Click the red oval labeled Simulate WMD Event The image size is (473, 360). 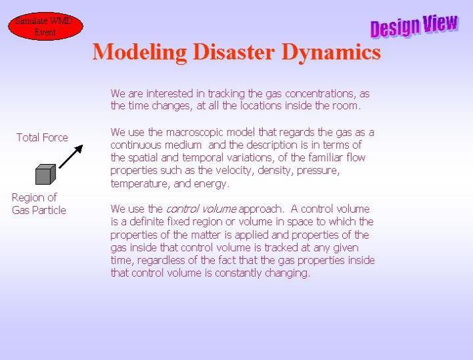pyautogui.click(x=45, y=26)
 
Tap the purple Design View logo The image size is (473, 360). pyautogui.click(x=414, y=25)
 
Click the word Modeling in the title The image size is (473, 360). pyautogui.click(x=139, y=53)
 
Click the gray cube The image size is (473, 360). pyautogui.click(x=45, y=174)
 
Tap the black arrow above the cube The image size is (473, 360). pyautogui.click(x=71, y=157)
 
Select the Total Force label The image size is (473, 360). pyautogui.click(x=42, y=137)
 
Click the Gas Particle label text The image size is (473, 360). pyautogui.click(x=39, y=210)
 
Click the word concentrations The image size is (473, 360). pyautogui.click(x=320, y=94)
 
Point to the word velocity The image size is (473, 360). pyautogui.click(x=233, y=171)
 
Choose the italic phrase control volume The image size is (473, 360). pyautogui.click(x=201, y=209)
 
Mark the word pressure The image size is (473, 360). pyautogui.click(x=318, y=171)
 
